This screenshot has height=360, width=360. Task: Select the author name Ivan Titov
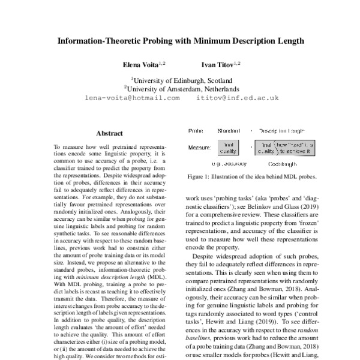coord(217,64)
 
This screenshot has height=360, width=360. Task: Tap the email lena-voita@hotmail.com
coord(132,97)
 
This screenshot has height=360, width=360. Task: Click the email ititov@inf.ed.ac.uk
coord(238,97)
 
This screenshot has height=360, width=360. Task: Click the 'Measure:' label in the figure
coord(199,147)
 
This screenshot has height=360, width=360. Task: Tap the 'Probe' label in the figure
coord(196,130)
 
